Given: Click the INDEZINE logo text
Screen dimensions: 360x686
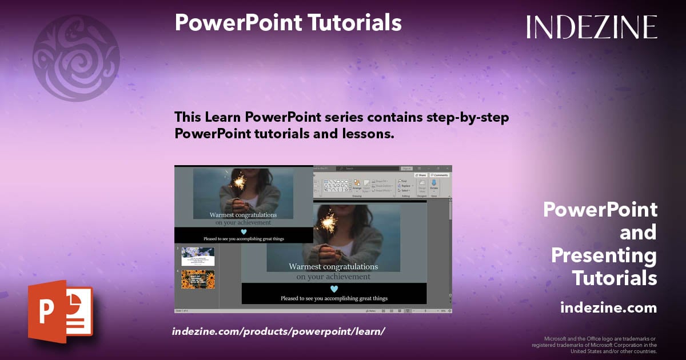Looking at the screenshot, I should [x=592, y=27].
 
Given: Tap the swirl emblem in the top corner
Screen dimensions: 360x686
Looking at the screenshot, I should [x=76, y=58].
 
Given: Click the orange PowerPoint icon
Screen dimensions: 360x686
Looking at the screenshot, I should [x=60, y=311].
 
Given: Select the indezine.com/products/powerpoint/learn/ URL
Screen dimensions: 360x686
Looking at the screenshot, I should [x=278, y=331].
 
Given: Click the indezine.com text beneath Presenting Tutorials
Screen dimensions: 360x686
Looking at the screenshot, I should [x=608, y=308].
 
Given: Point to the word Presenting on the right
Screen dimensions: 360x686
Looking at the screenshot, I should [x=604, y=255].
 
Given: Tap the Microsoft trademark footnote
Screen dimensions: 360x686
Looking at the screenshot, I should [x=595, y=345].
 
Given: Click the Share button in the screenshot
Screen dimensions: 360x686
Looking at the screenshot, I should [x=421, y=175].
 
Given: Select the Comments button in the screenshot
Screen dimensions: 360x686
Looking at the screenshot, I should [x=440, y=175].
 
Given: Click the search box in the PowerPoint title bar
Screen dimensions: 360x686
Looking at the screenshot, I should [x=366, y=169].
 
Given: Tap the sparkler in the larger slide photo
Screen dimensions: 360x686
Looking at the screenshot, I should [x=328, y=220].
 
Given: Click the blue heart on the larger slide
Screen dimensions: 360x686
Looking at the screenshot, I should [x=334, y=289].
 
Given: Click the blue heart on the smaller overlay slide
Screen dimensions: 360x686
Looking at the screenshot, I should [x=244, y=231].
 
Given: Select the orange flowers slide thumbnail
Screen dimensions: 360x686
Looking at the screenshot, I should [x=198, y=279].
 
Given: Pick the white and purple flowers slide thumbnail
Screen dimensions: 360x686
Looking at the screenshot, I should [x=198, y=256].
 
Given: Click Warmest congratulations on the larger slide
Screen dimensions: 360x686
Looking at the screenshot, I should [x=333, y=266].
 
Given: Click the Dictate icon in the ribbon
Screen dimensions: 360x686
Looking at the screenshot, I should [x=433, y=185].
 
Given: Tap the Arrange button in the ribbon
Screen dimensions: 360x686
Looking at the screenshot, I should [x=357, y=185].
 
